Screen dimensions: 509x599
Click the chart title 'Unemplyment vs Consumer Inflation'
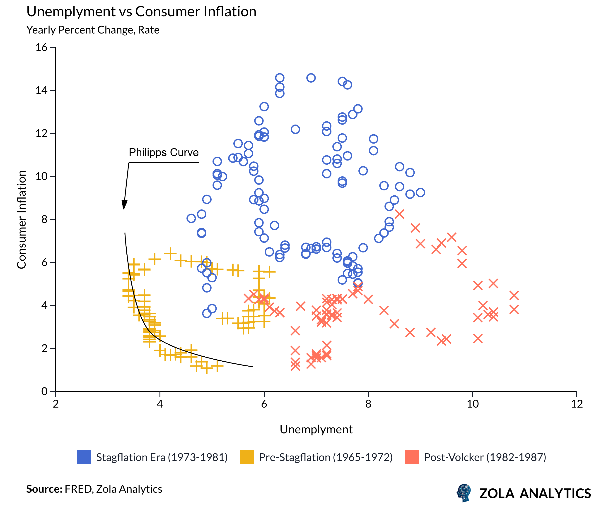141,12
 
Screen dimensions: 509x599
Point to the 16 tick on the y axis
41,47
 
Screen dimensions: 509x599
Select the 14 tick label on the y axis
41,91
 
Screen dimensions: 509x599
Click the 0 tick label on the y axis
44,391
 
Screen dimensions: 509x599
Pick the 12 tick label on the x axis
577,404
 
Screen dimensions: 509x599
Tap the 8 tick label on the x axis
368,404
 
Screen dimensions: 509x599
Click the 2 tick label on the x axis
56,404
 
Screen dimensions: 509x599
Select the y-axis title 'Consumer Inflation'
22,220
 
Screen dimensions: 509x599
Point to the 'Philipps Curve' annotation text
164,152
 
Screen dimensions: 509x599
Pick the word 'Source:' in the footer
44,489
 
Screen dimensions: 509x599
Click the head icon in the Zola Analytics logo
464,493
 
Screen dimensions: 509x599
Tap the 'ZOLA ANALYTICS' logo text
535,493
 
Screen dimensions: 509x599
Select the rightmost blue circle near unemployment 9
420,192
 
